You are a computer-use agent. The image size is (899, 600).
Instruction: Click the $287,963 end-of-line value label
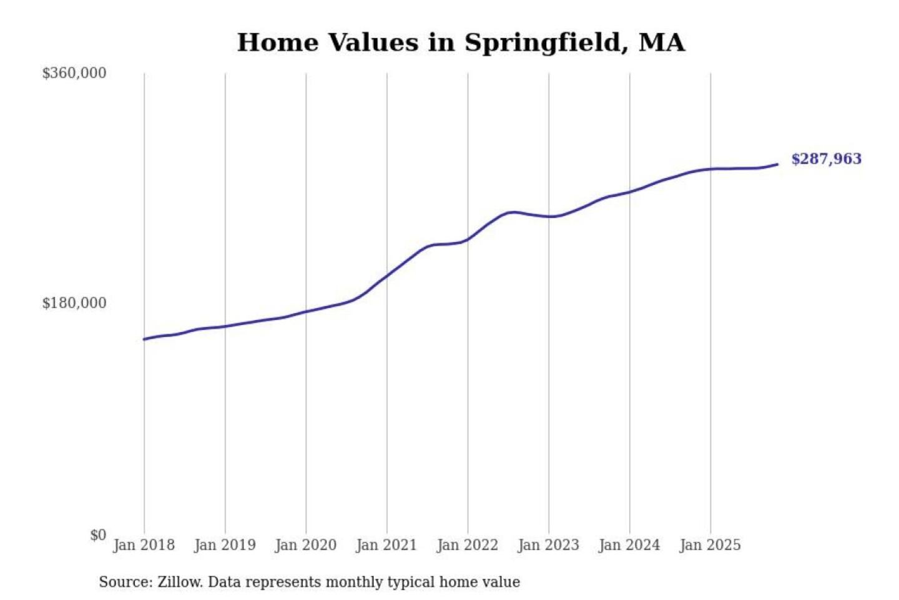coord(826,159)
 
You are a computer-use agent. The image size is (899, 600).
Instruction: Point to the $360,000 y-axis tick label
coord(74,73)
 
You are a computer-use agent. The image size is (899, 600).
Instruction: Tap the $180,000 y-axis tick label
coord(74,303)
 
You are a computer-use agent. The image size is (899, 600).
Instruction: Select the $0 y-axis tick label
coord(98,535)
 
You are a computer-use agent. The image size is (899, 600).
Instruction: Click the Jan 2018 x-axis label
coord(144,545)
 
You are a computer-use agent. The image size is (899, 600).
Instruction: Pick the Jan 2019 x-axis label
coord(225,545)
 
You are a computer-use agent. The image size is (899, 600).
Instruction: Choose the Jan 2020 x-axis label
coord(305,545)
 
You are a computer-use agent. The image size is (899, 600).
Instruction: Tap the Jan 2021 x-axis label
coord(386,545)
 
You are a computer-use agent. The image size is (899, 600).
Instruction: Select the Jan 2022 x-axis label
coord(468,545)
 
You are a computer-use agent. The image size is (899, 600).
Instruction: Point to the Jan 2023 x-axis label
coord(548,545)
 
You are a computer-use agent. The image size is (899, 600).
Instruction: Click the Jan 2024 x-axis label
coord(629,545)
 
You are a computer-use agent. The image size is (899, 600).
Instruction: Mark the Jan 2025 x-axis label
coord(710,545)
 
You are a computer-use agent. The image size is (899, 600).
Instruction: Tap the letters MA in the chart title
coord(662,42)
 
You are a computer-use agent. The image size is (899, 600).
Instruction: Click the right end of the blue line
coord(777,164)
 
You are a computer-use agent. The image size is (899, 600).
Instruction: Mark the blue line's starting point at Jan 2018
coord(144,339)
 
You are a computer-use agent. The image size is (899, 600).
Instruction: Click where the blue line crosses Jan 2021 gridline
coord(387,274)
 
